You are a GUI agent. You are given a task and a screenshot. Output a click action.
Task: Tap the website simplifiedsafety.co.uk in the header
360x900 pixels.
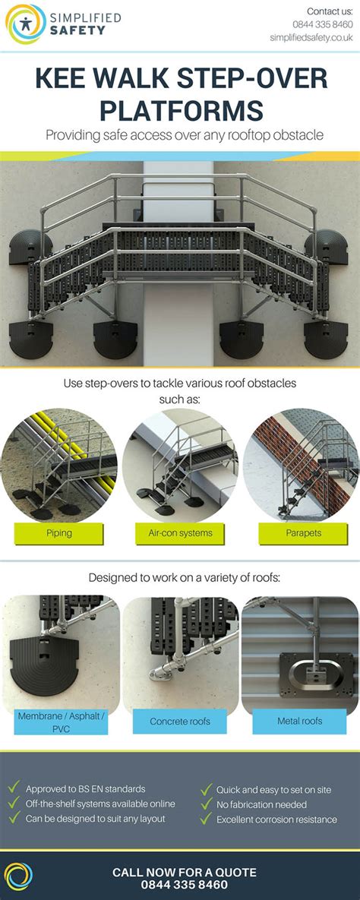click(x=311, y=38)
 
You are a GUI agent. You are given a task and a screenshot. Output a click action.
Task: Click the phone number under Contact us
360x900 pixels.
click(x=322, y=24)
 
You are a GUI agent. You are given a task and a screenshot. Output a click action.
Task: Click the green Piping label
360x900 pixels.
click(x=59, y=533)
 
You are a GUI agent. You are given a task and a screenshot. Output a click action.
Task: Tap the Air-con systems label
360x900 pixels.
click(x=180, y=533)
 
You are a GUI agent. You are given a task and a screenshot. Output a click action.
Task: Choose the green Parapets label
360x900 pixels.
click(x=302, y=533)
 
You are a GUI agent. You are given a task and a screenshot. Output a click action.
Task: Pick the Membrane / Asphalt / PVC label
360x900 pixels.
click(x=62, y=722)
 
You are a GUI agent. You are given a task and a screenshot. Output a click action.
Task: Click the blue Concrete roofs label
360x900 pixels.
click(x=180, y=722)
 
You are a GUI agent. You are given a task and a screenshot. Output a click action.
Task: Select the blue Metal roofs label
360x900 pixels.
click(x=300, y=722)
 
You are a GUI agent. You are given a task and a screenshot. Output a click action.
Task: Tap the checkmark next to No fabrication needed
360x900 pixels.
click(x=206, y=804)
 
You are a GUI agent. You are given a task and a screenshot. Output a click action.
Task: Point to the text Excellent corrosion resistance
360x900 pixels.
click(x=276, y=819)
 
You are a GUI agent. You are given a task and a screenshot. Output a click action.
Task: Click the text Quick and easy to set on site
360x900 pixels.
click(x=274, y=790)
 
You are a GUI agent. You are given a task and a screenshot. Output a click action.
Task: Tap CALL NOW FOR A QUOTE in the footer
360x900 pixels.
click(x=185, y=873)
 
